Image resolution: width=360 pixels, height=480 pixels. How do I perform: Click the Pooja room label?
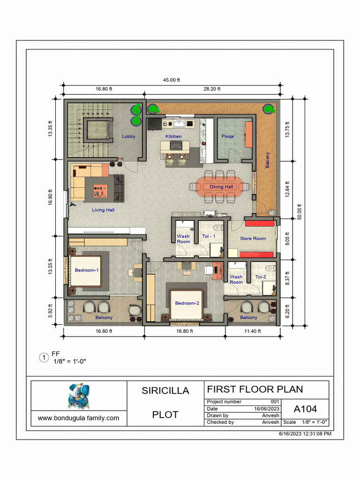227,136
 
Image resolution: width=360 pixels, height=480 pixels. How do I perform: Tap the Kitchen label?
173,136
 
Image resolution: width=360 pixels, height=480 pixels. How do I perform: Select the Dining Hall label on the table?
221,187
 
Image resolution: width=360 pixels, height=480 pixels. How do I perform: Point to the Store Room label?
253,239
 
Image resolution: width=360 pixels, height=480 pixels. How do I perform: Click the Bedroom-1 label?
87,270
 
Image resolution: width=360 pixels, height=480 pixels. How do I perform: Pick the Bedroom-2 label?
187,303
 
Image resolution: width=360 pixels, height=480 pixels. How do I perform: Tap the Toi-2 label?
260,277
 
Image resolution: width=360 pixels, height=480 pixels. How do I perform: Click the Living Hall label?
103,210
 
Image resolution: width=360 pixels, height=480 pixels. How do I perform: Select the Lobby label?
128,136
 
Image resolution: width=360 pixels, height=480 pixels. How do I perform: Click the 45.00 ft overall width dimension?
172,80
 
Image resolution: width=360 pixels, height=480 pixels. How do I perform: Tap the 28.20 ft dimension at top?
212,89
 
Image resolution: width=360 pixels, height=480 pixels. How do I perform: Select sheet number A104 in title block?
305,409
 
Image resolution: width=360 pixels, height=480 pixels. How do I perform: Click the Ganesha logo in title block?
79,396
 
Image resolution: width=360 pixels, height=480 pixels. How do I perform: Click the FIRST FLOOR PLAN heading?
255,389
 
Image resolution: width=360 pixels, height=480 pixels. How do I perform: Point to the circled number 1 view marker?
44,358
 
